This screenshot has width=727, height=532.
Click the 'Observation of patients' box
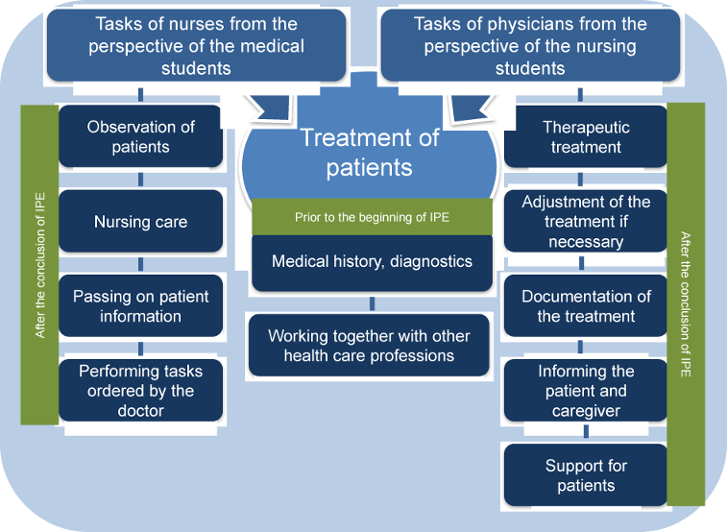(x=140, y=136)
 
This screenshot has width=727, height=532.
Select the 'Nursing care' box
(x=140, y=222)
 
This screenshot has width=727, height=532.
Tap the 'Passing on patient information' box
(x=140, y=306)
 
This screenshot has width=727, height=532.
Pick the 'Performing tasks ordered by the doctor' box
(x=140, y=391)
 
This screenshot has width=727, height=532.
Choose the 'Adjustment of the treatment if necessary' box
(x=586, y=222)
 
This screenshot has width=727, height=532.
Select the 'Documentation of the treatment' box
(x=586, y=306)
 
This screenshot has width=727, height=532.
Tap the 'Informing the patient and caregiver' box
(x=586, y=391)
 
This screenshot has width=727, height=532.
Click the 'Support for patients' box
(x=586, y=475)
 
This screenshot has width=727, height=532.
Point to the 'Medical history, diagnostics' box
(x=371, y=261)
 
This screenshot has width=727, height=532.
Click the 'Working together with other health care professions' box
(x=371, y=346)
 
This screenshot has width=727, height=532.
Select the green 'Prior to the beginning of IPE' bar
(x=371, y=217)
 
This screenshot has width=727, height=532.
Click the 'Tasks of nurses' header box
(x=196, y=45)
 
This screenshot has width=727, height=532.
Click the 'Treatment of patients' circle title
(x=370, y=153)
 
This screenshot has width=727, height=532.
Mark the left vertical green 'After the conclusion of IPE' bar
(x=39, y=264)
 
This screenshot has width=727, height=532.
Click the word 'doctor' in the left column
(x=140, y=411)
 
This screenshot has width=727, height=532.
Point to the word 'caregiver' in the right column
(x=586, y=411)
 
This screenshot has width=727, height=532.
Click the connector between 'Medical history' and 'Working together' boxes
(x=371, y=303)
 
